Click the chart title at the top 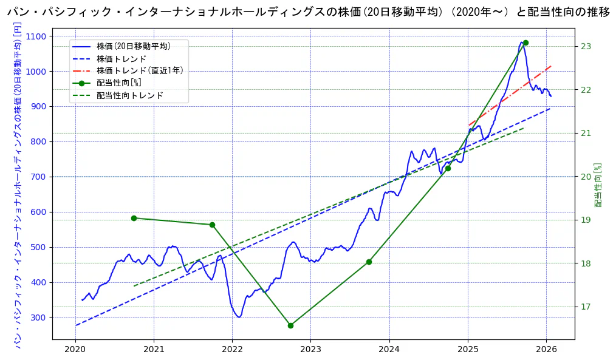tap(309, 12)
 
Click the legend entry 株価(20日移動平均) tap(133, 46)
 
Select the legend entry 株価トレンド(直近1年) tap(139, 70)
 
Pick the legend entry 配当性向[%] tap(118, 83)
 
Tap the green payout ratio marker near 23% tap(525, 43)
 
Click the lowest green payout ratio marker tap(290, 325)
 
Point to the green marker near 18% tap(369, 262)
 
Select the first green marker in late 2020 tap(134, 218)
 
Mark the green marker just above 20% tap(448, 168)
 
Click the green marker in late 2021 tap(212, 225)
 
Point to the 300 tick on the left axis tap(38, 318)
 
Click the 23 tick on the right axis tap(586, 47)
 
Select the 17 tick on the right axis tap(586, 307)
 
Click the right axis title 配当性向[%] tap(598, 185)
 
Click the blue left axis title tap(18, 185)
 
